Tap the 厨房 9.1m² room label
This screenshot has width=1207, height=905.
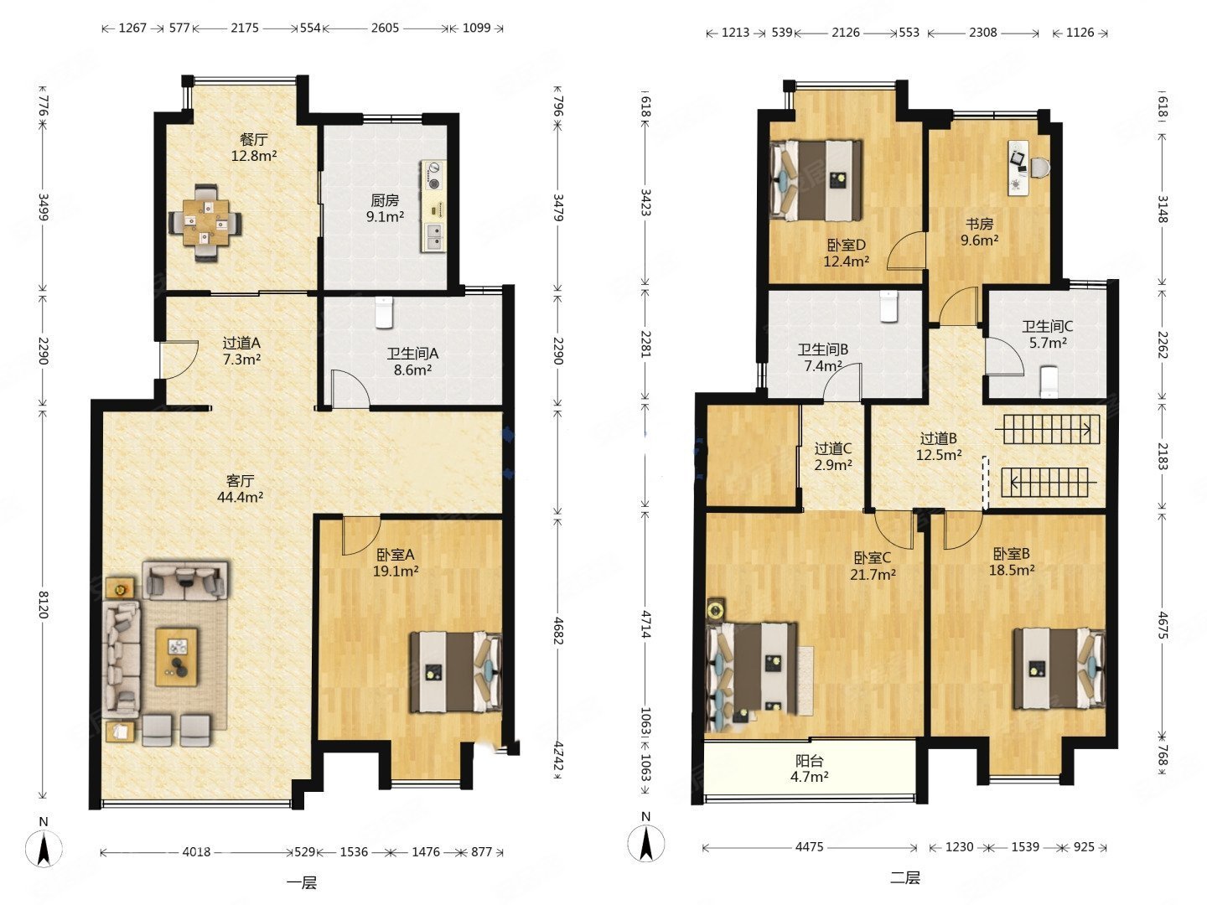click(x=385, y=209)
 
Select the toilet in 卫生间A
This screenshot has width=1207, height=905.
click(x=384, y=313)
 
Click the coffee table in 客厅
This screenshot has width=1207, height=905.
click(x=176, y=657)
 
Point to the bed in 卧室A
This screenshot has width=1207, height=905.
click(x=456, y=672)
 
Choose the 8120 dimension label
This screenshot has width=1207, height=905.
click(x=44, y=604)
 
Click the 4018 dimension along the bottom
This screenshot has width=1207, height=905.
click(x=196, y=851)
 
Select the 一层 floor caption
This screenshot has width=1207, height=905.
click(x=302, y=883)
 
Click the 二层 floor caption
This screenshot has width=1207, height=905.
click(x=905, y=877)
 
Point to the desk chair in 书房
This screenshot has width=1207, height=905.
click(x=1039, y=167)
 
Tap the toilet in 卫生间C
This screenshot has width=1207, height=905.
click(x=1049, y=380)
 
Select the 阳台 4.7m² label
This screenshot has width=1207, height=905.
click(x=810, y=768)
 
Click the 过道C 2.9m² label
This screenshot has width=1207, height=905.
click(x=833, y=457)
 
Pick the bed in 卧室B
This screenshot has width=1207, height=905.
click(x=1059, y=668)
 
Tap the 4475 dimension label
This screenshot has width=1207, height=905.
click(x=810, y=846)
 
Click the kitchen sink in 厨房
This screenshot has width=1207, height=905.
click(x=434, y=236)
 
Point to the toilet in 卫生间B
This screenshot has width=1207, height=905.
click(x=888, y=306)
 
